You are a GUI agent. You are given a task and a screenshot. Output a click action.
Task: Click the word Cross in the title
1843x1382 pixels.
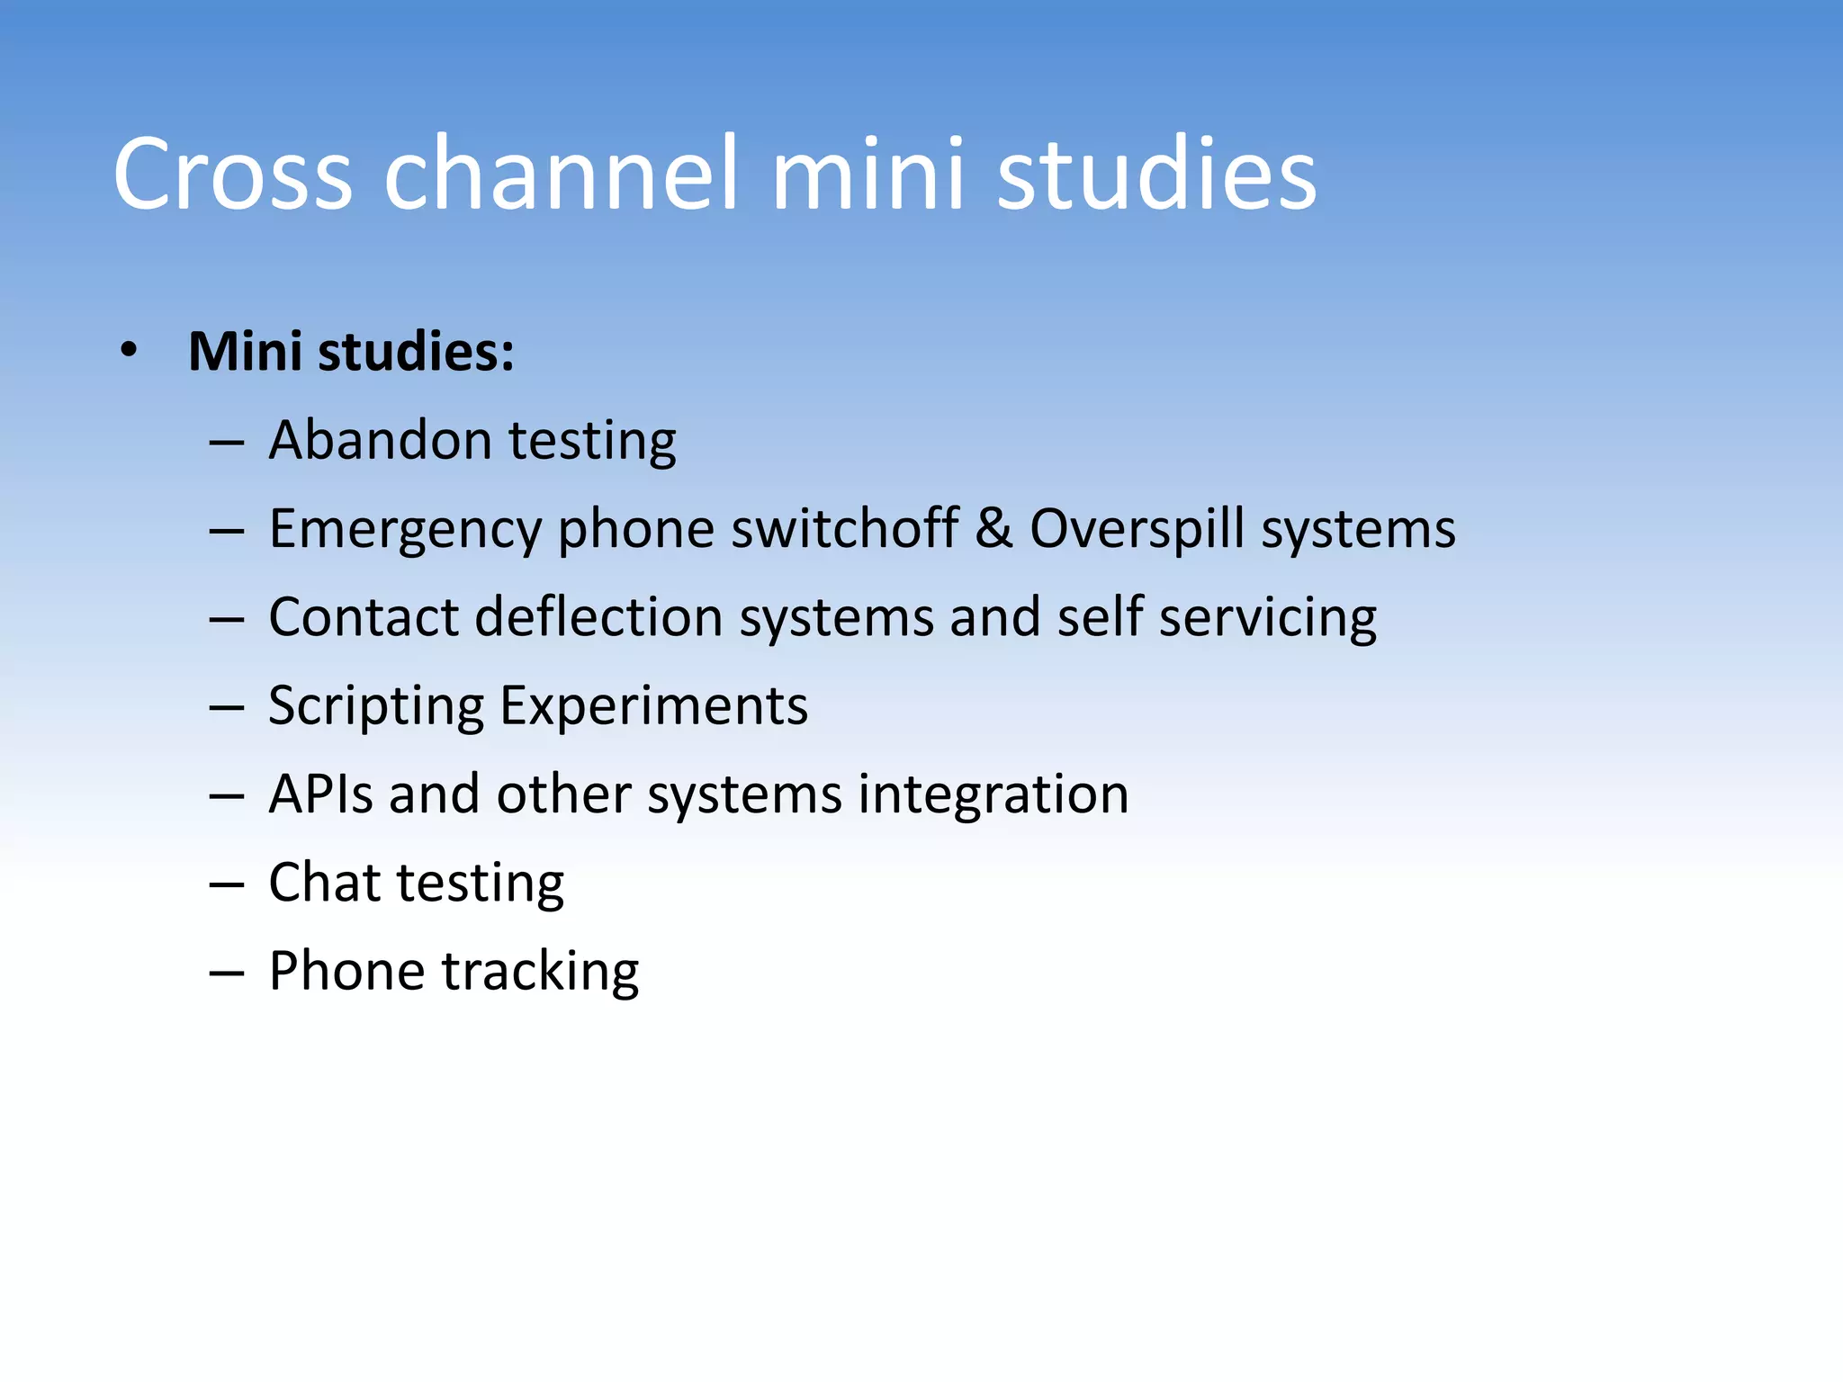coord(232,175)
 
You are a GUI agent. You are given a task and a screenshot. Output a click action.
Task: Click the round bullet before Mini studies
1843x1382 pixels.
coord(129,351)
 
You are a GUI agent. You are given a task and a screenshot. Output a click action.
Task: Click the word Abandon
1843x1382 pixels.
coord(380,441)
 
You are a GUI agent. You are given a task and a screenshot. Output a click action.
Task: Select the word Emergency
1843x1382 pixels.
coord(404,529)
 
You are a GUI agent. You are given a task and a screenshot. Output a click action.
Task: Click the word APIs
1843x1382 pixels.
coord(320,794)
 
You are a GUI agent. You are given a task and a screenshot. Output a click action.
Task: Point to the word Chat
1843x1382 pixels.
coord(324,883)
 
